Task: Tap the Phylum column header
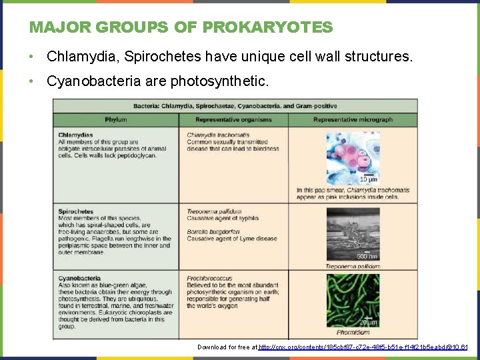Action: point(115,120)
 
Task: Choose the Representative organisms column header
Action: point(233,120)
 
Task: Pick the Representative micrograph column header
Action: point(353,120)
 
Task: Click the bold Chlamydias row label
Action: point(75,135)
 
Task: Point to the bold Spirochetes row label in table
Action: point(76,212)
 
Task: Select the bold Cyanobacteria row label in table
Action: point(79,279)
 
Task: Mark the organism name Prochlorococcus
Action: point(209,279)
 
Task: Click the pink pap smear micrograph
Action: point(353,157)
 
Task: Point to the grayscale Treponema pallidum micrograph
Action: point(353,233)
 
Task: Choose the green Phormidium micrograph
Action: point(353,299)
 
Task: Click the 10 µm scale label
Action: point(368,180)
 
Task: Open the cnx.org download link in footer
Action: point(363,347)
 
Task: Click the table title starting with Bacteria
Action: point(235,106)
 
